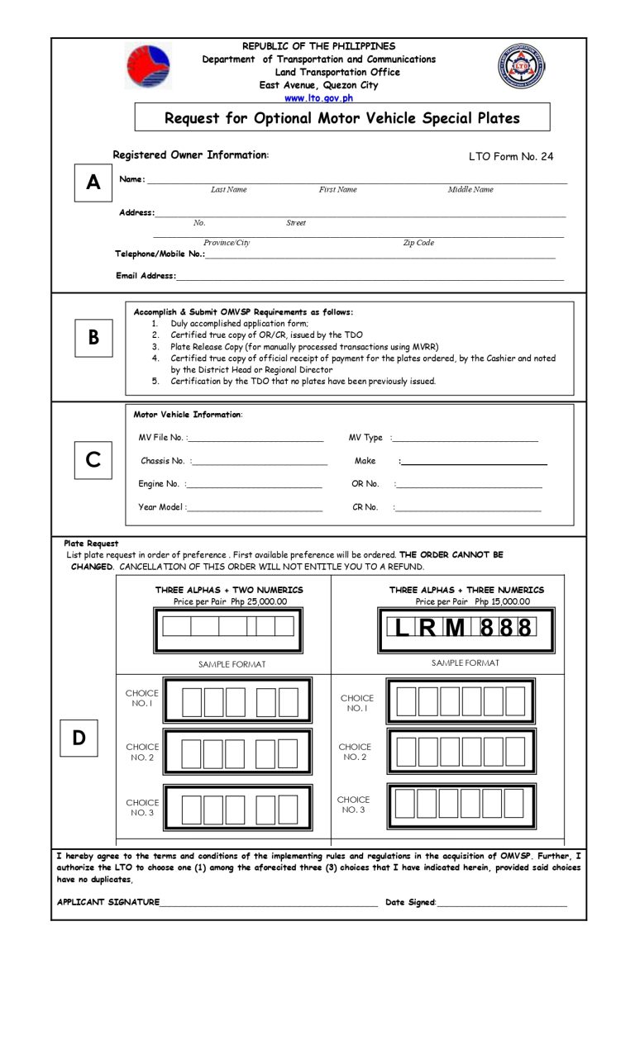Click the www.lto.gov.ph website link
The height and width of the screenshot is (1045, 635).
318,97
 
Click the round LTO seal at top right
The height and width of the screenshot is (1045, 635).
521,67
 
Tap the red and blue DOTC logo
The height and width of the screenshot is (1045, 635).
148,67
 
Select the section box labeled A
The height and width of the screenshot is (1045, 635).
93,183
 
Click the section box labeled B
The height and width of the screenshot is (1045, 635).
93,338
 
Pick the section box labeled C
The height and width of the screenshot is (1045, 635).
93,459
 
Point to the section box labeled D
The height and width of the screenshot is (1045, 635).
79,738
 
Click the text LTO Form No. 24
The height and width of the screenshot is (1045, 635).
511,156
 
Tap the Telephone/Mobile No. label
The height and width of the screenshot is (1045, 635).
160,254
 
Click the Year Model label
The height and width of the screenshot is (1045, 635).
161,507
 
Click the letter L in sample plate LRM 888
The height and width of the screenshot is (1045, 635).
402,629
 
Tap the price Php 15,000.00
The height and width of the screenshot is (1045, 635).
502,601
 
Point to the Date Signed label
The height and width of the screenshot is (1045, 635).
409,902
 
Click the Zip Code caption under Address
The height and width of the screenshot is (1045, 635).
418,243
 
